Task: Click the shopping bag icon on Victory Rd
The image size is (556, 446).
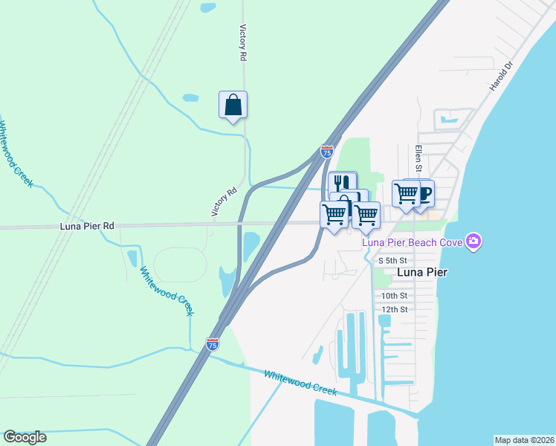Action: pyautogui.click(x=233, y=105)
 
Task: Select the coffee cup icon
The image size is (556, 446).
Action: pyautogui.click(x=422, y=193)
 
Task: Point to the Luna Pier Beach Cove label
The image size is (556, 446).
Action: pyautogui.click(x=412, y=242)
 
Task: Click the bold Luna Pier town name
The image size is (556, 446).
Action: pyautogui.click(x=422, y=272)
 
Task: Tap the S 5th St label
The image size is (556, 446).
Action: pyautogui.click(x=392, y=260)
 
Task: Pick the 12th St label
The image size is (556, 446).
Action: pyautogui.click(x=394, y=309)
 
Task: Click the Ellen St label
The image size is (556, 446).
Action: pyautogui.click(x=418, y=158)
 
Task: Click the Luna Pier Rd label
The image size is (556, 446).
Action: pyautogui.click(x=87, y=224)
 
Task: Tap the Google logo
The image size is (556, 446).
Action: pyautogui.click(x=25, y=437)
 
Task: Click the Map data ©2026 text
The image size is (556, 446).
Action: pyautogui.click(x=524, y=440)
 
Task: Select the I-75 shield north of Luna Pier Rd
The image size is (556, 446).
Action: pyautogui.click(x=327, y=151)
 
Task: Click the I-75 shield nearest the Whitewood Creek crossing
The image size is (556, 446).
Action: pyautogui.click(x=213, y=344)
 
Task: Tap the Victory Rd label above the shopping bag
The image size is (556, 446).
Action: pyautogui.click(x=242, y=42)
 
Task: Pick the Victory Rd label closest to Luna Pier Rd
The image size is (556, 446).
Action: pyautogui.click(x=224, y=201)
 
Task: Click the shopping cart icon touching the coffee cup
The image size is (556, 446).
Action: pyautogui.click(x=406, y=193)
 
